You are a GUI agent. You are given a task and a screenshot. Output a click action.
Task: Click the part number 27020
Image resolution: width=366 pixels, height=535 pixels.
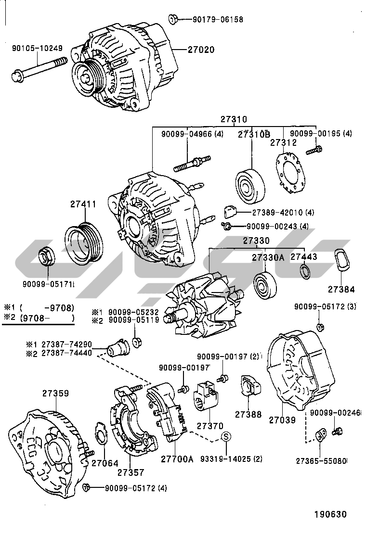click(x=201, y=50)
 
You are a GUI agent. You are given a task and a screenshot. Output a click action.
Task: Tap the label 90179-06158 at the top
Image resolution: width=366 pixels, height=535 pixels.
click(x=218, y=20)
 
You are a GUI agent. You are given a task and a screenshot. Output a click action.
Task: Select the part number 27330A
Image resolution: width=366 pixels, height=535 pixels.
click(x=268, y=257)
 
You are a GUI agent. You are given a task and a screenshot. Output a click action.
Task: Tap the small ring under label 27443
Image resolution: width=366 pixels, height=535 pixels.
click(x=305, y=272)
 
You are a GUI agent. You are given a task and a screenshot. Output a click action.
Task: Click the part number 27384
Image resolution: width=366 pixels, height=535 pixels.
click(x=341, y=289)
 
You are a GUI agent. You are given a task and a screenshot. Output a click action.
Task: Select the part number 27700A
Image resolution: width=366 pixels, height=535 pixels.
click(x=177, y=459)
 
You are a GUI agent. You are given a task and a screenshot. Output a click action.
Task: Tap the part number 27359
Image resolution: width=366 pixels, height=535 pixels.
click(x=56, y=393)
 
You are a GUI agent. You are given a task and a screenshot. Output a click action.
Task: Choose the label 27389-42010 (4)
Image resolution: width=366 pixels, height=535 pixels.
click(x=276, y=212)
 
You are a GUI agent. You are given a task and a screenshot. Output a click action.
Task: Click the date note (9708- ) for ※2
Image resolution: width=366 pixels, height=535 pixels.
click(x=44, y=318)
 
